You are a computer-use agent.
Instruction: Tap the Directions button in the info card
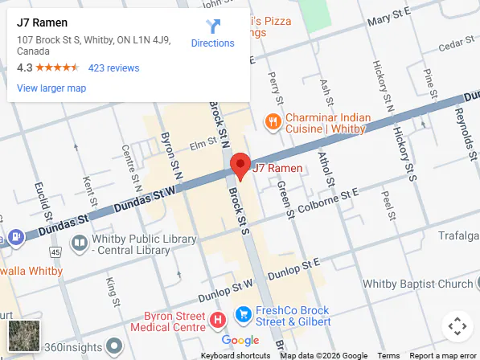pos(212,34)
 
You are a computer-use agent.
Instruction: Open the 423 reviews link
pos(113,68)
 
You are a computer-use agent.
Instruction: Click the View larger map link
pos(51,88)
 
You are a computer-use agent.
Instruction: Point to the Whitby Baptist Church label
pos(418,284)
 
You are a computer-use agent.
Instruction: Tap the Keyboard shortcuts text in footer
pos(236,355)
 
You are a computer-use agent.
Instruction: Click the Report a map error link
pos(443,355)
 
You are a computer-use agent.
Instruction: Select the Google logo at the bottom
pos(240,341)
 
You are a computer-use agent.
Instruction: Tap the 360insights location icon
pos(114,346)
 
